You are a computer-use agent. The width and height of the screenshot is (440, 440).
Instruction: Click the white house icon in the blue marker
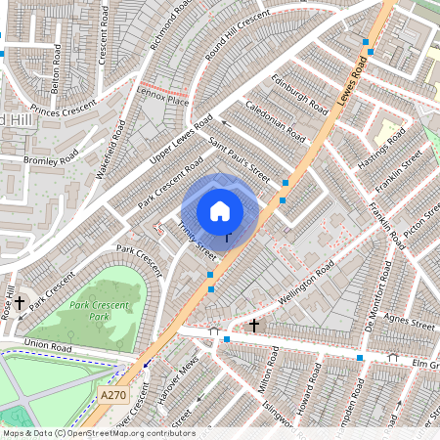(x=220, y=210)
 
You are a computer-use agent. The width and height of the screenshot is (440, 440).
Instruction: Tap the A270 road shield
(x=113, y=394)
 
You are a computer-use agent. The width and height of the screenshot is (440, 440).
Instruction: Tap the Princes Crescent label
(x=66, y=110)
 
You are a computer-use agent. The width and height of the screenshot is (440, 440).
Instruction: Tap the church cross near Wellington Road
(x=254, y=324)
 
